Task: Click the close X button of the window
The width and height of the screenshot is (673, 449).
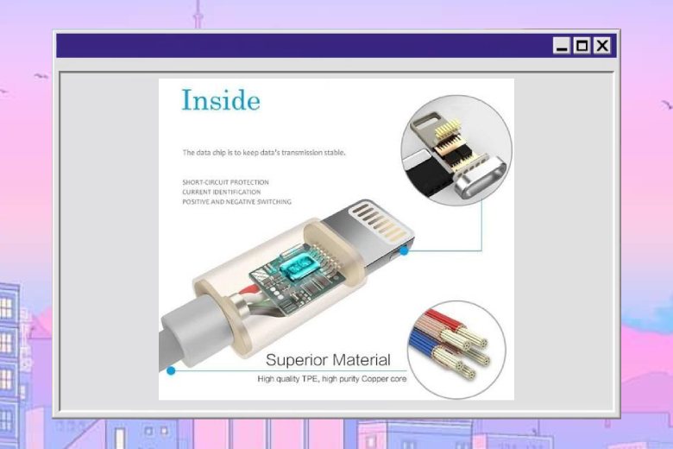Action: coord(602,45)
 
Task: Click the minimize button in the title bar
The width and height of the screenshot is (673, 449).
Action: coord(562,45)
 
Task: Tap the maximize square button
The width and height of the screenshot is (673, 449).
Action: coord(582,45)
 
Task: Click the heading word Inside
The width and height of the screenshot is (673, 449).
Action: coord(221,99)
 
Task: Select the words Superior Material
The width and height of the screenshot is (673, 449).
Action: coord(329,360)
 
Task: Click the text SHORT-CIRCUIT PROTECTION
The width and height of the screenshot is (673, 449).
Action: coord(226,182)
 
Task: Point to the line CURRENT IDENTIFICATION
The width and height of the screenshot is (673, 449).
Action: coord(222,192)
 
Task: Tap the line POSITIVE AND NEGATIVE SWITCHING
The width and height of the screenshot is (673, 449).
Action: coord(237,201)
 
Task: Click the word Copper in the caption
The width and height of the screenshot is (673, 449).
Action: coord(374,379)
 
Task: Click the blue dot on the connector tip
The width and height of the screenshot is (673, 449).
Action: coord(404,250)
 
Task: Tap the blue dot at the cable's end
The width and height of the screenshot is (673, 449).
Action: coord(171,370)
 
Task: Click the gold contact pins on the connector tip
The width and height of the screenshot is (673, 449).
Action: coord(378,220)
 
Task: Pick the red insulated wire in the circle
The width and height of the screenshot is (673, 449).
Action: coord(442,321)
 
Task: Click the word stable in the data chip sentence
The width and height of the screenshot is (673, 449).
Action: coord(336,153)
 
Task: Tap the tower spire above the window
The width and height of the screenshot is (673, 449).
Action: coord(198,14)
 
